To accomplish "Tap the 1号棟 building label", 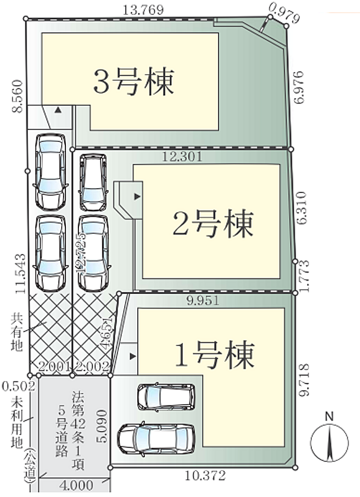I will (x=214, y=355).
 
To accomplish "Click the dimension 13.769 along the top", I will (x=143, y=10).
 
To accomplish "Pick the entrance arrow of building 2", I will (x=137, y=196).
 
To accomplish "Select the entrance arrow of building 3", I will (x=58, y=110).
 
